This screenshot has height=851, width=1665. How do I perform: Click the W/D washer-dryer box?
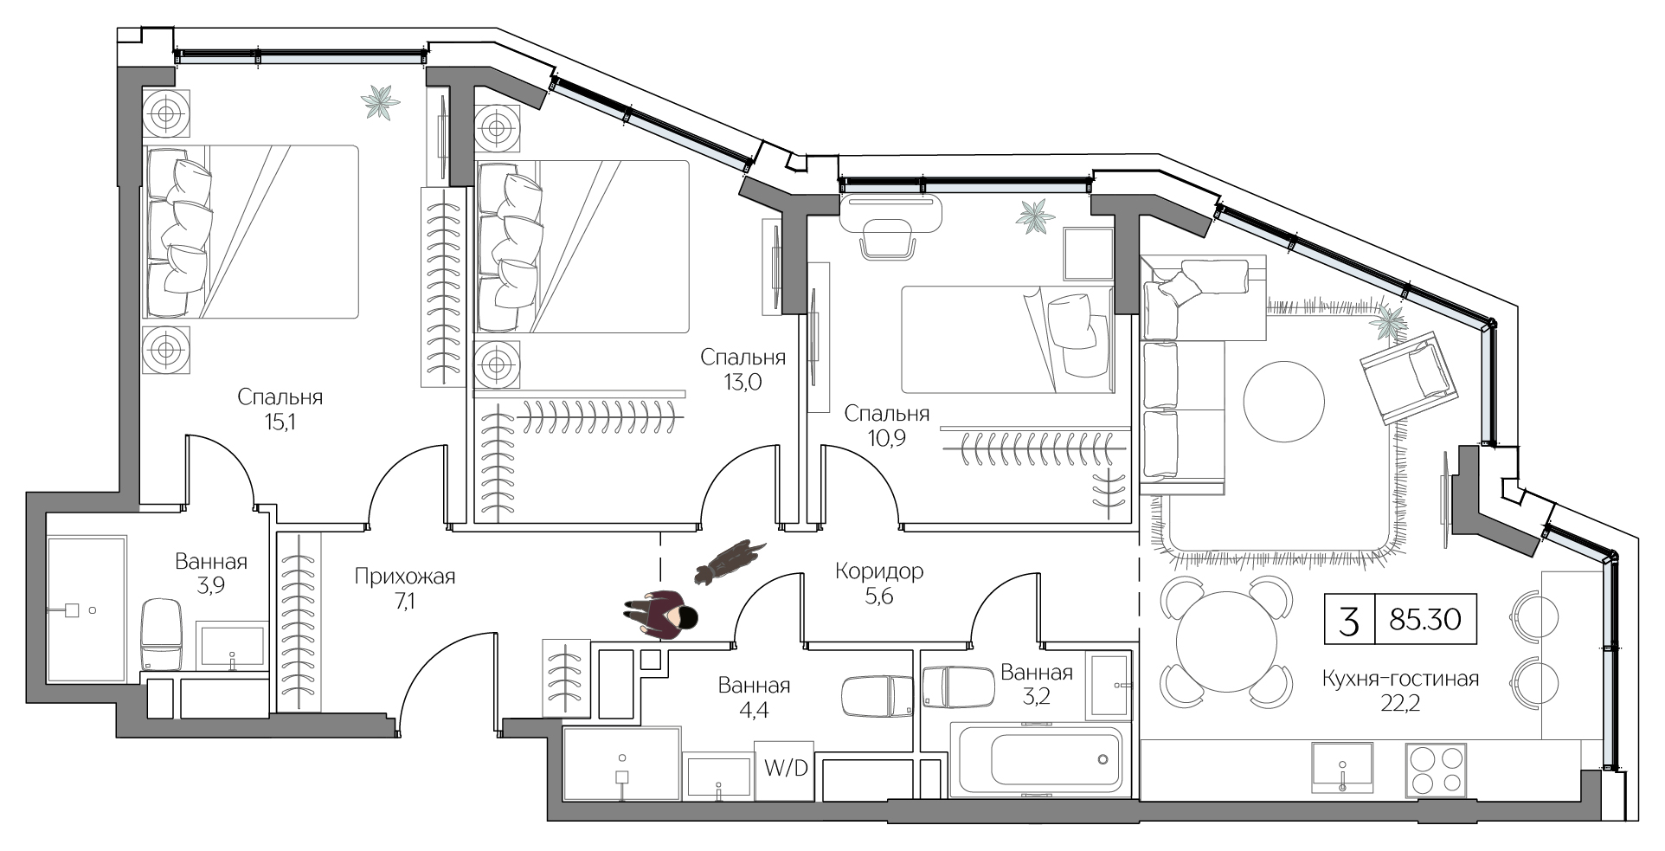(x=784, y=769)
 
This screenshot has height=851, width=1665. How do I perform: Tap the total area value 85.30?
(x=1424, y=620)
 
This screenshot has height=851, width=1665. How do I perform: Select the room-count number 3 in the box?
(x=1348, y=621)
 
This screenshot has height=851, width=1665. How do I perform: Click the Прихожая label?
(x=404, y=577)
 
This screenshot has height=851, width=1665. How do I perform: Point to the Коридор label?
(x=878, y=571)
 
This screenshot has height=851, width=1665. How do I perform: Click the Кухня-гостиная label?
(x=1399, y=680)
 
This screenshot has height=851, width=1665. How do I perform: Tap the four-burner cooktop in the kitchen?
(x=1437, y=770)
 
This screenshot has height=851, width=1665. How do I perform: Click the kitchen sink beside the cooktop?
(x=1341, y=767)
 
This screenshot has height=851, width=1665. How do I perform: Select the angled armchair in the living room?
(x=1407, y=378)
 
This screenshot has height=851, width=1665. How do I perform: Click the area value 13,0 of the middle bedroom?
(x=742, y=382)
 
